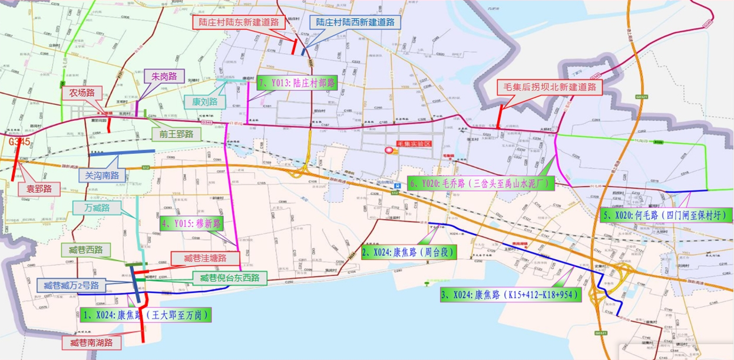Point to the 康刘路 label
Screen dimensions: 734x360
click(x=204, y=101)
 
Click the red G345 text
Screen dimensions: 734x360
click(x=19, y=142)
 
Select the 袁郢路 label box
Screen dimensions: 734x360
click(x=39, y=189)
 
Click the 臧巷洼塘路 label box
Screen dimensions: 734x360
click(x=205, y=258)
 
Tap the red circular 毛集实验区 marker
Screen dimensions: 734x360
click(x=389, y=151)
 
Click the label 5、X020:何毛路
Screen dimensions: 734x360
click(x=665, y=214)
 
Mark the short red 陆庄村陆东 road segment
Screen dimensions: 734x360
click(x=295, y=46)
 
